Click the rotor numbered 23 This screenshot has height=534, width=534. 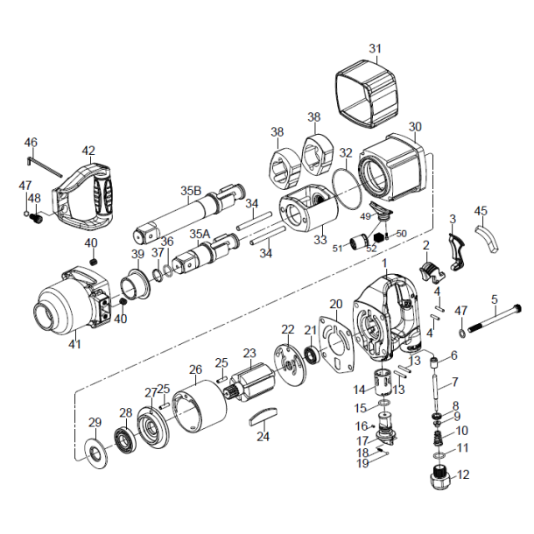point(255,384)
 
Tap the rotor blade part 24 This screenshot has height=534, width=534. point(263,416)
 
